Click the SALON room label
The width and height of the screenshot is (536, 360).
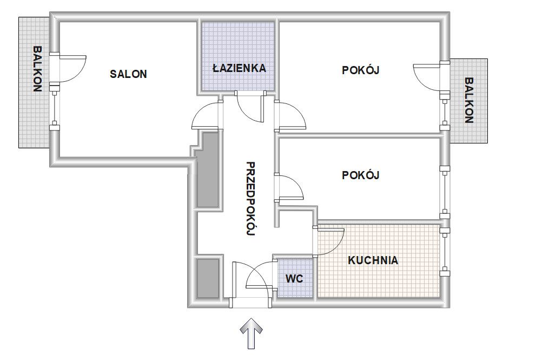(128, 74)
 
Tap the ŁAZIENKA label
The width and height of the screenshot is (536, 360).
(239, 68)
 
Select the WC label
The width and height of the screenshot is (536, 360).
(294, 279)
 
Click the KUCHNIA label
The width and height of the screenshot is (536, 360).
(373, 260)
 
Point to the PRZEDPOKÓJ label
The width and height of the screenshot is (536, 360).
(251, 199)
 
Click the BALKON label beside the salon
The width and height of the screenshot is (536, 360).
(37, 69)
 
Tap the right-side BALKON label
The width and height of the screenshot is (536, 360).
(468, 100)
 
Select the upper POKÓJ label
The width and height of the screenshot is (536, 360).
(361, 70)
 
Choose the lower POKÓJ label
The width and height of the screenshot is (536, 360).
(361, 175)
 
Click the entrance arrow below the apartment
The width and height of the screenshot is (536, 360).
(251, 333)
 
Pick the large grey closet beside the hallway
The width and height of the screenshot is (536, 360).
(208, 170)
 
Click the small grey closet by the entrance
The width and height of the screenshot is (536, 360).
(208, 278)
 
